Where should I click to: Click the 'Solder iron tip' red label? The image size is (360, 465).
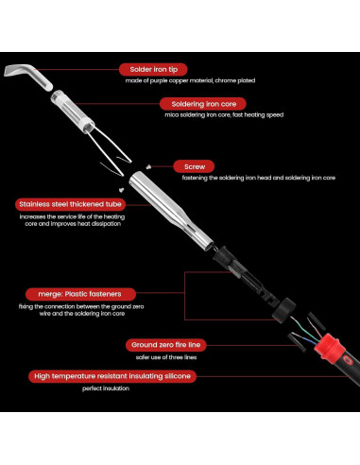(153, 69)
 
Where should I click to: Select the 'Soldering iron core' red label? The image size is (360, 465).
(203, 104)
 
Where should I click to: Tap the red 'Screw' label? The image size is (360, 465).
(194, 166)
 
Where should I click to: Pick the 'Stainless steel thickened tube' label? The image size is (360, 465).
(70, 204)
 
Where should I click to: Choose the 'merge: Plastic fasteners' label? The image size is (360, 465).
(80, 294)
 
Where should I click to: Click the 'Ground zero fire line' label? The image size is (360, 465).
(166, 345)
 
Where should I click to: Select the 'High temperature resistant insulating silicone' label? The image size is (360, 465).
(112, 376)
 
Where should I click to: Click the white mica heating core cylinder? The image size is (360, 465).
(72, 112)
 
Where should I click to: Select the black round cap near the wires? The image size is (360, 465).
(283, 311)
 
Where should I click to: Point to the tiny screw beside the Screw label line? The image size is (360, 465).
(148, 167)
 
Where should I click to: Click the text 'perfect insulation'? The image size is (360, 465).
(106, 388)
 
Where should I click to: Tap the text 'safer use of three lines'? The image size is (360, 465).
(166, 357)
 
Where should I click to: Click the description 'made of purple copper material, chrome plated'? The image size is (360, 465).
(190, 80)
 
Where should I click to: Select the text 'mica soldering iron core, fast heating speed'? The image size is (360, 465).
(224, 115)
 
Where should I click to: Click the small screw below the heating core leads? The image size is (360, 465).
(121, 190)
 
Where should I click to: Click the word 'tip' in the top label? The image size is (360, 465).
(173, 70)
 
